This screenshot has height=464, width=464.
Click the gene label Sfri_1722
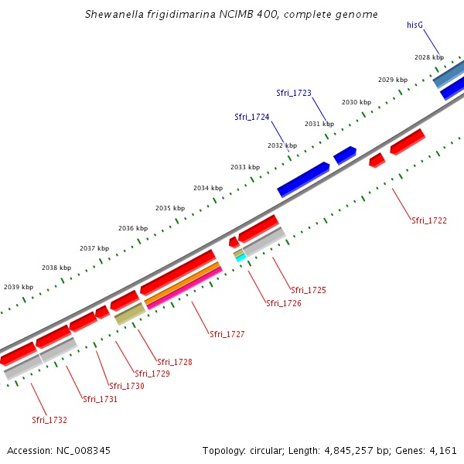point(428,220)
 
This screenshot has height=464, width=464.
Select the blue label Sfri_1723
point(294,93)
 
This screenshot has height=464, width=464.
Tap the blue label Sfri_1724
point(252,117)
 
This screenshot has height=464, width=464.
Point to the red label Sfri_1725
point(308,290)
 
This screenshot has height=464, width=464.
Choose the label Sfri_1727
point(227,334)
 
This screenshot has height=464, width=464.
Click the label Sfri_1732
point(49,420)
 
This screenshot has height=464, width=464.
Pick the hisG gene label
point(415,25)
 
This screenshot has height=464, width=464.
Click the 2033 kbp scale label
point(245,167)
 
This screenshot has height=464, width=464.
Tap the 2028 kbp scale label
point(429,57)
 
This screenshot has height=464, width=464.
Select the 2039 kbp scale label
point(19,287)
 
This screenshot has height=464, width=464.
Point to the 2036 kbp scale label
point(133,228)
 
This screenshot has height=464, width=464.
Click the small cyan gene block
point(241,257)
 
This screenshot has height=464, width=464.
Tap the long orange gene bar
point(182,281)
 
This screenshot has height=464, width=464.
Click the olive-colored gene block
point(129,314)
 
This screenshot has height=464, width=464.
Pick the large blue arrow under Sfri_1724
point(303,179)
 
